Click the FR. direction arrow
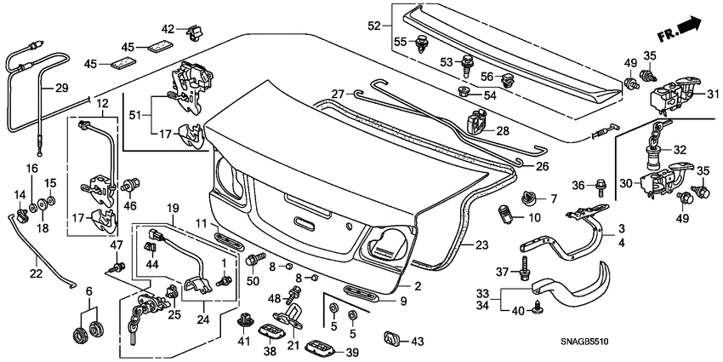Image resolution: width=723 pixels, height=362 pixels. (x=683, y=32)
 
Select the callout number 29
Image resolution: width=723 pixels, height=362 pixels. (x=60, y=88)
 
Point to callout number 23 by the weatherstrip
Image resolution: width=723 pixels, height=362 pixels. (x=481, y=244)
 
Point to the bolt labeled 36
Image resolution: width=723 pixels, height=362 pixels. (x=600, y=185)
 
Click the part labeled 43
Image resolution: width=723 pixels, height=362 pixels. (x=392, y=338)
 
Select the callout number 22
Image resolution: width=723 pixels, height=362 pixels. (x=36, y=273)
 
